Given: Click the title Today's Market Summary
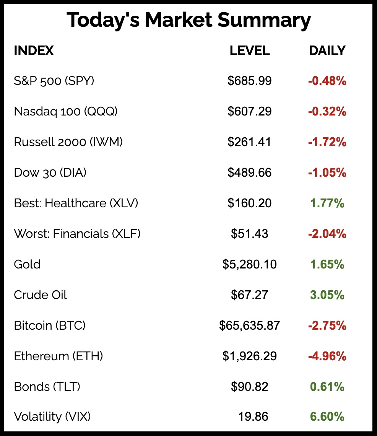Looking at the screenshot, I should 188,20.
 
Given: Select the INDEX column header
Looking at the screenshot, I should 34,50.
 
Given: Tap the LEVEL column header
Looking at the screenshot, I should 250,50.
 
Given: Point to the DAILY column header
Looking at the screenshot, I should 327,50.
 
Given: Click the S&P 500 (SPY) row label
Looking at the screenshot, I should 54,81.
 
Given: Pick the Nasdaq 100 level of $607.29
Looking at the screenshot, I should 250,111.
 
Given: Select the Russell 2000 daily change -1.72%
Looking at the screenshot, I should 327,142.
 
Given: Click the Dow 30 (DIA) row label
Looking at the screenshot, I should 50,172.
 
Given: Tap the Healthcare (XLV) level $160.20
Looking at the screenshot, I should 250,203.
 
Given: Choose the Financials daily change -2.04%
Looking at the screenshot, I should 327,234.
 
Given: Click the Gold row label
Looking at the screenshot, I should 27,264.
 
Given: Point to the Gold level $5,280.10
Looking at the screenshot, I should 250,264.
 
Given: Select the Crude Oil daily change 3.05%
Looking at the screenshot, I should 327,295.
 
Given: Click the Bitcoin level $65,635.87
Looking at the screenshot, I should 250,325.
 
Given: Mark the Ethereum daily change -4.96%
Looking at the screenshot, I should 327,356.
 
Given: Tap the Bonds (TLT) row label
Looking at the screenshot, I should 47,387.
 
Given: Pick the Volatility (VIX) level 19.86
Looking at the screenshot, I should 252,416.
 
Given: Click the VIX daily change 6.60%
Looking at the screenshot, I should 327,416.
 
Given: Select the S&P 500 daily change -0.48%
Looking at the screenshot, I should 327,81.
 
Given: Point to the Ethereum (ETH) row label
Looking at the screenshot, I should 58,356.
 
